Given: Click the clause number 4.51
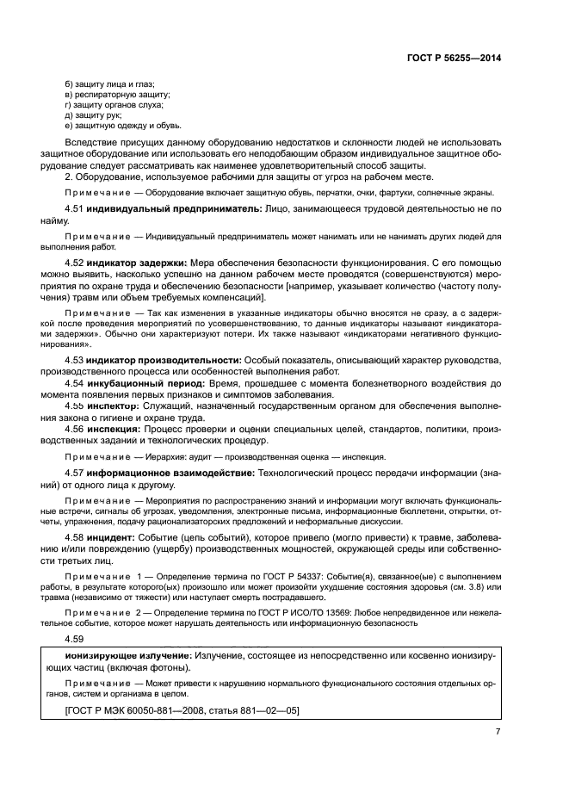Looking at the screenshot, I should [x=76, y=209].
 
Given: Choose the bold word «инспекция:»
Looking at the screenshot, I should [x=115, y=427].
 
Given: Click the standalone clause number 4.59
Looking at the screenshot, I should [x=76, y=638].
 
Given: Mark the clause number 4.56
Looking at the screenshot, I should [x=76, y=427].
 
